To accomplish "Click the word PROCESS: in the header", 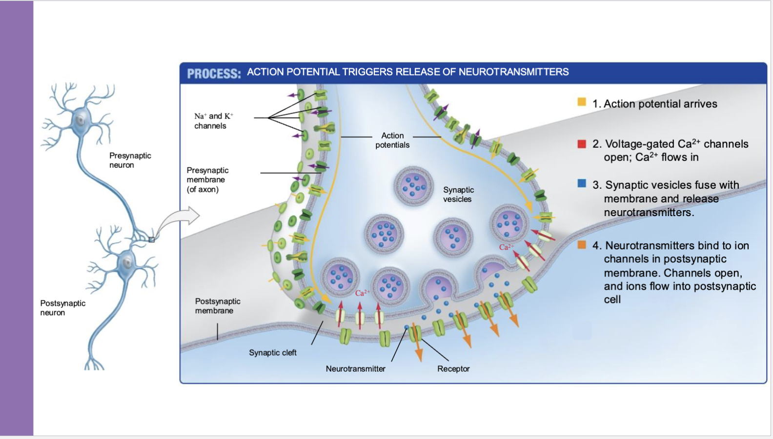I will pos(214,74).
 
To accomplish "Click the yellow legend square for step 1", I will pos(582,101).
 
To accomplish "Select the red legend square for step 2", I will pos(582,144).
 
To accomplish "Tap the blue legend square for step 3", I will pos(582,183).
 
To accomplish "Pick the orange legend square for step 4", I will pos(582,244).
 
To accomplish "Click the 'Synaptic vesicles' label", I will pos(458,194).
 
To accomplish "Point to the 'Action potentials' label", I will pos(392,140).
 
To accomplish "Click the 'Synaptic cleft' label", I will pos(272,353).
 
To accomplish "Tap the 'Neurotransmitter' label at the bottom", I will pos(355,369).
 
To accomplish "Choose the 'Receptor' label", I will pos(453,369).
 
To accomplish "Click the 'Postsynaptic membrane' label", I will pos(217,306).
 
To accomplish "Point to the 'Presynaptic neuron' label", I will pos(130,160).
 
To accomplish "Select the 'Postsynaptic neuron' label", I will pos(62,308).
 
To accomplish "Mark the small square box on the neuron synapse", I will pos(152,239).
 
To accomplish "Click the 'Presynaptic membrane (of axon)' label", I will pos(207,180).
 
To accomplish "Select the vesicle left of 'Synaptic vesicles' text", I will pos(414,185).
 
